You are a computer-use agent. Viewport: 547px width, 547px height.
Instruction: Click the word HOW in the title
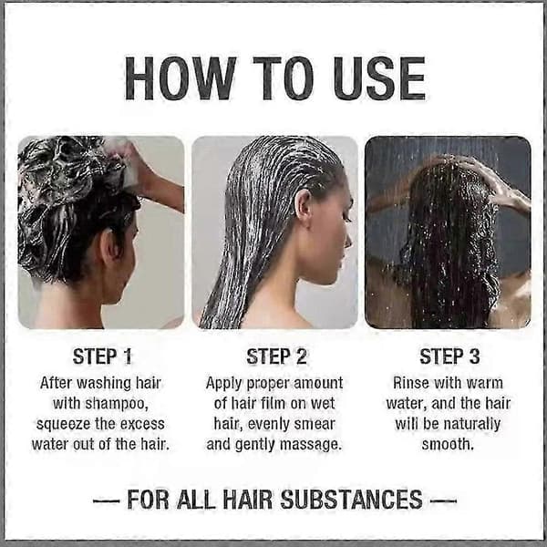(181, 78)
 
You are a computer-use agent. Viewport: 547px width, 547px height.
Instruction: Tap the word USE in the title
(379, 78)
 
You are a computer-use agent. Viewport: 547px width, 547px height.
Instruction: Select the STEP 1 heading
(102, 356)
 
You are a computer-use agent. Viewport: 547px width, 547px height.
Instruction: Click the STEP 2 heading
(276, 356)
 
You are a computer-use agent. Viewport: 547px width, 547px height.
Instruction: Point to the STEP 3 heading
(449, 356)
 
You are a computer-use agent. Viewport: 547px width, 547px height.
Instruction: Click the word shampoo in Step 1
(117, 404)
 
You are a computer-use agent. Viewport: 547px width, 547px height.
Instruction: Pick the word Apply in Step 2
(223, 384)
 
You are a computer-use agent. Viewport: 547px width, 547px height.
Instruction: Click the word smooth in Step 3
(448, 445)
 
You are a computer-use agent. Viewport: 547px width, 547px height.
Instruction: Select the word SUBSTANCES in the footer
(351, 500)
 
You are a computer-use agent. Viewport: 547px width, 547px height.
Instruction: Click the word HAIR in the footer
(247, 500)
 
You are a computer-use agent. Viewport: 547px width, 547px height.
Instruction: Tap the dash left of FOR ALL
(107, 501)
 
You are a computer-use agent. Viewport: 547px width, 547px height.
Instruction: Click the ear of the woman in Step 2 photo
(303, 205)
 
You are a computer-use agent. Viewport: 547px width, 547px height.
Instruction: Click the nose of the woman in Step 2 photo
(349, 240)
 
